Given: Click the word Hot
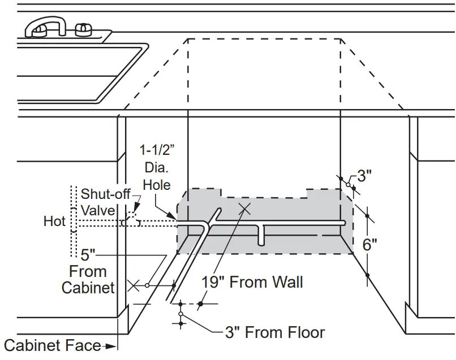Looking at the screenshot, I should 54,221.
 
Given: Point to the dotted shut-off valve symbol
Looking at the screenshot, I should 131,219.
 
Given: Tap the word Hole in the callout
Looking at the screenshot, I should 156,184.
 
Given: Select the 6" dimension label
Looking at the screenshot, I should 369,245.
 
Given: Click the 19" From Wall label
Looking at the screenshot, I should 252,281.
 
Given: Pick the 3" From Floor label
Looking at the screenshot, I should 275,332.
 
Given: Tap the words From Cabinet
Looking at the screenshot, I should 88,279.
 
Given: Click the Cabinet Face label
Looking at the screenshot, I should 52,345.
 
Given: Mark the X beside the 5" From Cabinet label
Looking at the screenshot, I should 134,285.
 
